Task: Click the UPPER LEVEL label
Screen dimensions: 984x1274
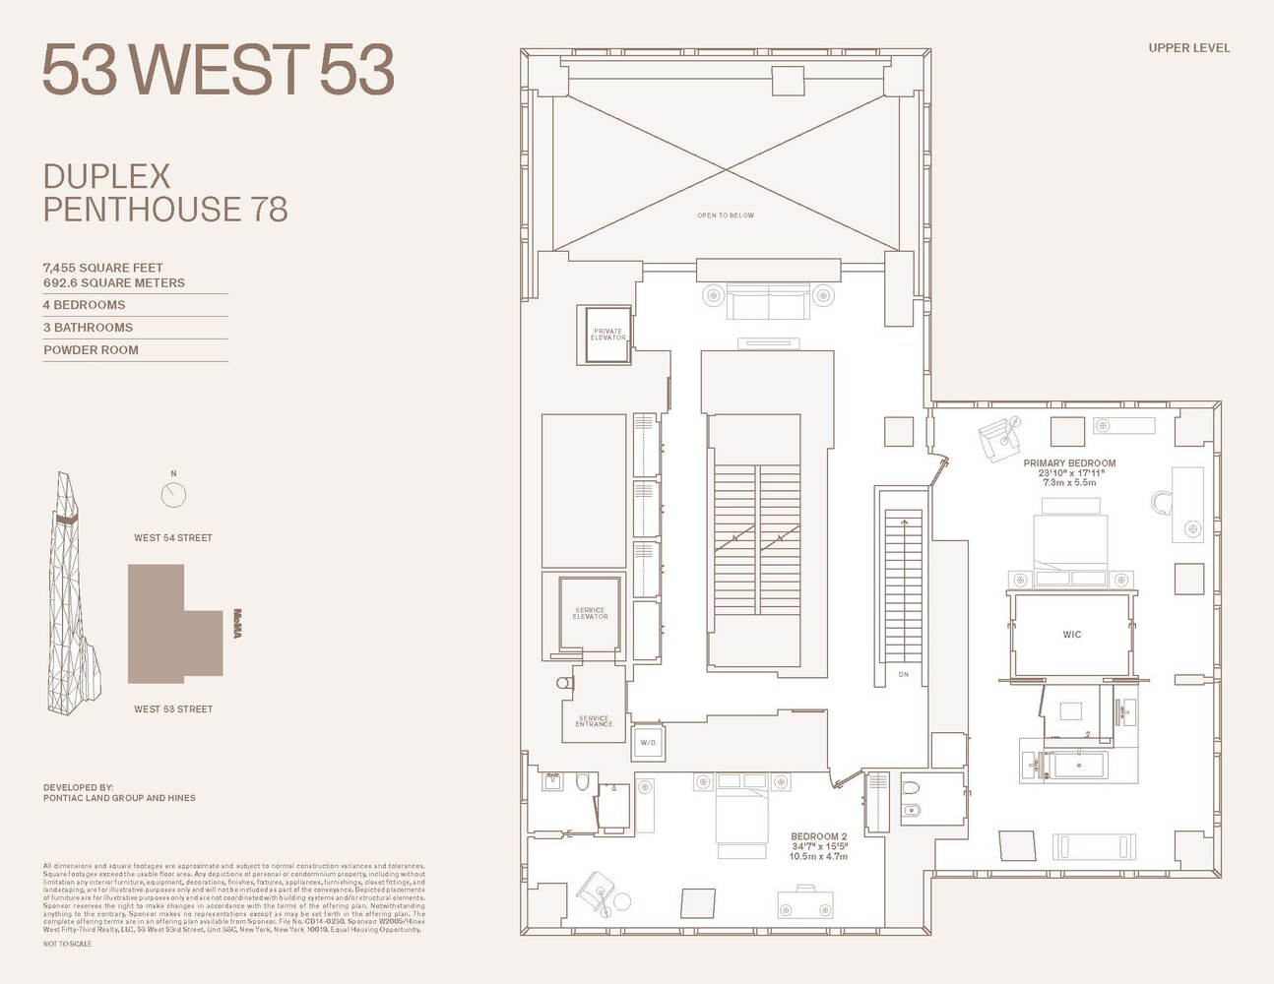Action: (1188, 47)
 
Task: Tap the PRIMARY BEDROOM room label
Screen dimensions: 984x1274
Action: (1069, 463)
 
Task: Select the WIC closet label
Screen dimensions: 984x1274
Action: (1071, 635)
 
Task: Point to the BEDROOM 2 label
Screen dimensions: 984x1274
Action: (818, 836)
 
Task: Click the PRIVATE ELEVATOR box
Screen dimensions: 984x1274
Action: (607, 335)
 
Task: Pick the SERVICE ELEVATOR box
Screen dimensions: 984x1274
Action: (590, 614)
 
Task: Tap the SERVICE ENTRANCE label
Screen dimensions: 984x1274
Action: (594, 721)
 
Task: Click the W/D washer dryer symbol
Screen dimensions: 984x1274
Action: (648, 742)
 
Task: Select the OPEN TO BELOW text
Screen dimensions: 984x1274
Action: (726, 215)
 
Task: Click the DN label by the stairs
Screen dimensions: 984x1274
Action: (904, 674)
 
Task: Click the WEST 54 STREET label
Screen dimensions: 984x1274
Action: (173, 538)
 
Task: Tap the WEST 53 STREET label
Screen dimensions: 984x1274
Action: (173, 708)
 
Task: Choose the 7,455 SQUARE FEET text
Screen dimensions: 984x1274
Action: (103, 268)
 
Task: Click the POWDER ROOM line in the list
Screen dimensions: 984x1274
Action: (92, 350)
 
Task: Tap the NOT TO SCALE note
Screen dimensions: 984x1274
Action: (67, 944)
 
